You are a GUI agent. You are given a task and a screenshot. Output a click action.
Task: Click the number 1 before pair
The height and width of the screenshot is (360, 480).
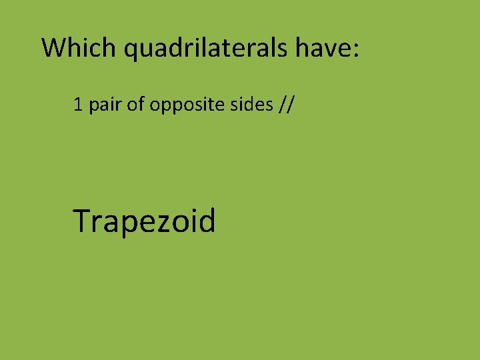(x=78, y=105)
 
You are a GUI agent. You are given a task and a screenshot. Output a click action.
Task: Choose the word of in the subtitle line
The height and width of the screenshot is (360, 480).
(x=135, y=105)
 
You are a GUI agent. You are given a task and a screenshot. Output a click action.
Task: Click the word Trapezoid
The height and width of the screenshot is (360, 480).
(x=145, y=222)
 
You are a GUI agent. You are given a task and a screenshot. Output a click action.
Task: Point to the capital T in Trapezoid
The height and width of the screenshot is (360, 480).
(x=83, y=221)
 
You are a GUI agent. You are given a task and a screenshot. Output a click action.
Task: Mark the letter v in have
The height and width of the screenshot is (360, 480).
(x=329, y=50)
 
